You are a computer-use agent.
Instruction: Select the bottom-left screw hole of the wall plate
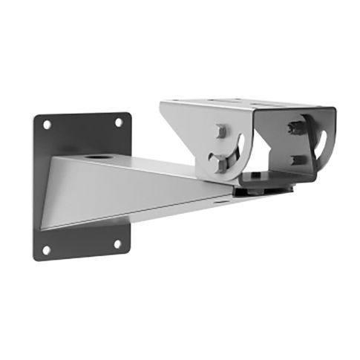coord(46,249)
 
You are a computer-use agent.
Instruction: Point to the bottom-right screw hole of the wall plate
coord(117,243)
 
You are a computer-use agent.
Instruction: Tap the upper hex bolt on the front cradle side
coord(220,131)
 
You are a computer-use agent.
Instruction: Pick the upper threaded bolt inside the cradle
coord(295,124)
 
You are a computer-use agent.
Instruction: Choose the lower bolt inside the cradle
coord(295,159)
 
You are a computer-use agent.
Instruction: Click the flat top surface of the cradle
coord(245,102)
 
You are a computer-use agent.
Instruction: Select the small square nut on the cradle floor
coord(255,175)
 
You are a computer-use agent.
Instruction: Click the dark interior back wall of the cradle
coord(278,141)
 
